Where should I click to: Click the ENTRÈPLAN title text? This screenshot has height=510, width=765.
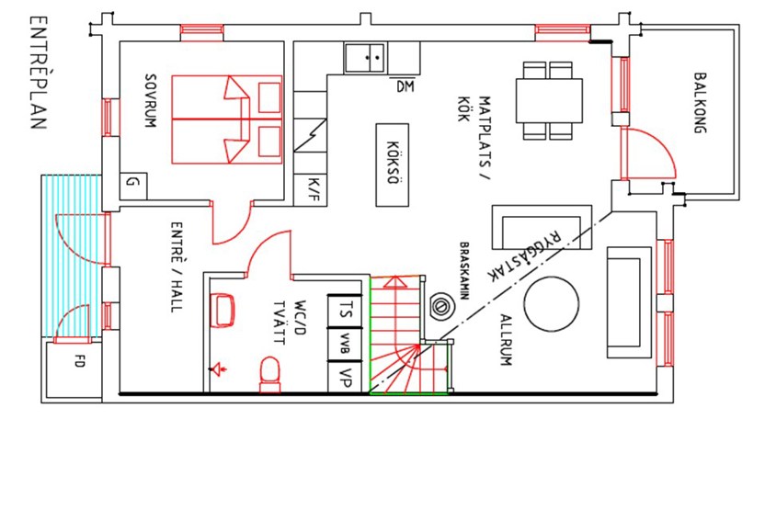pyautogui.click(x=38, y=73)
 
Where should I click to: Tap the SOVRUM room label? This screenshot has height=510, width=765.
pyautogui.click(x=151, y=100)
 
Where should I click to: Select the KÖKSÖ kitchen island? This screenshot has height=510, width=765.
pyautogui.click(x=393, y=164)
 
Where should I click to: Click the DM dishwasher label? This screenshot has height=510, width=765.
pyautogui.click(x=405, y=86)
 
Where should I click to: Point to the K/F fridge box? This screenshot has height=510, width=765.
pyautogui.click(x=310, y=189)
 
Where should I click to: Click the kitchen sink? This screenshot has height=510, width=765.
pyautogui.click(x=365, y=58)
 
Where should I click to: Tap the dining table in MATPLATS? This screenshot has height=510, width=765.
pyautogui.click(x=549, y=100)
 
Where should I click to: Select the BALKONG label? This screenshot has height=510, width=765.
pyautogui.click(x=700, y=103)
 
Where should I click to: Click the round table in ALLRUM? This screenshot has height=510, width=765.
pyautogui.click(x=552, y=304)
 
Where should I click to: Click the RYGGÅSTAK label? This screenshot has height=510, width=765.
pyautogui.click(x=525, y=255)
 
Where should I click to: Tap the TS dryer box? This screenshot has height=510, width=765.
pyautogui.click(x=345, y=310)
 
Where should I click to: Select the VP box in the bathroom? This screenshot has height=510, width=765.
pyautogui.click(x=345, y=377)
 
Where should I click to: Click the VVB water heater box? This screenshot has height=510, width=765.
pyautogui.click(x=345, y=345)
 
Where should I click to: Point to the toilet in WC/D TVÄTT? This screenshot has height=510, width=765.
pyautogui.click(x=269, y=374)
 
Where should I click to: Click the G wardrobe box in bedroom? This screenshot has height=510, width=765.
pyautogui.click(x=133, y=186)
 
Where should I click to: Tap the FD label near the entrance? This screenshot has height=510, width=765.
pyautogui.click(x=79, y=361)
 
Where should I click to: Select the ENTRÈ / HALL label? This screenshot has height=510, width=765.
pyautogui.click(x=177, y=266)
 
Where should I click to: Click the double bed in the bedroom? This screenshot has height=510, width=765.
pyautogui.click(x=227, y=119)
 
